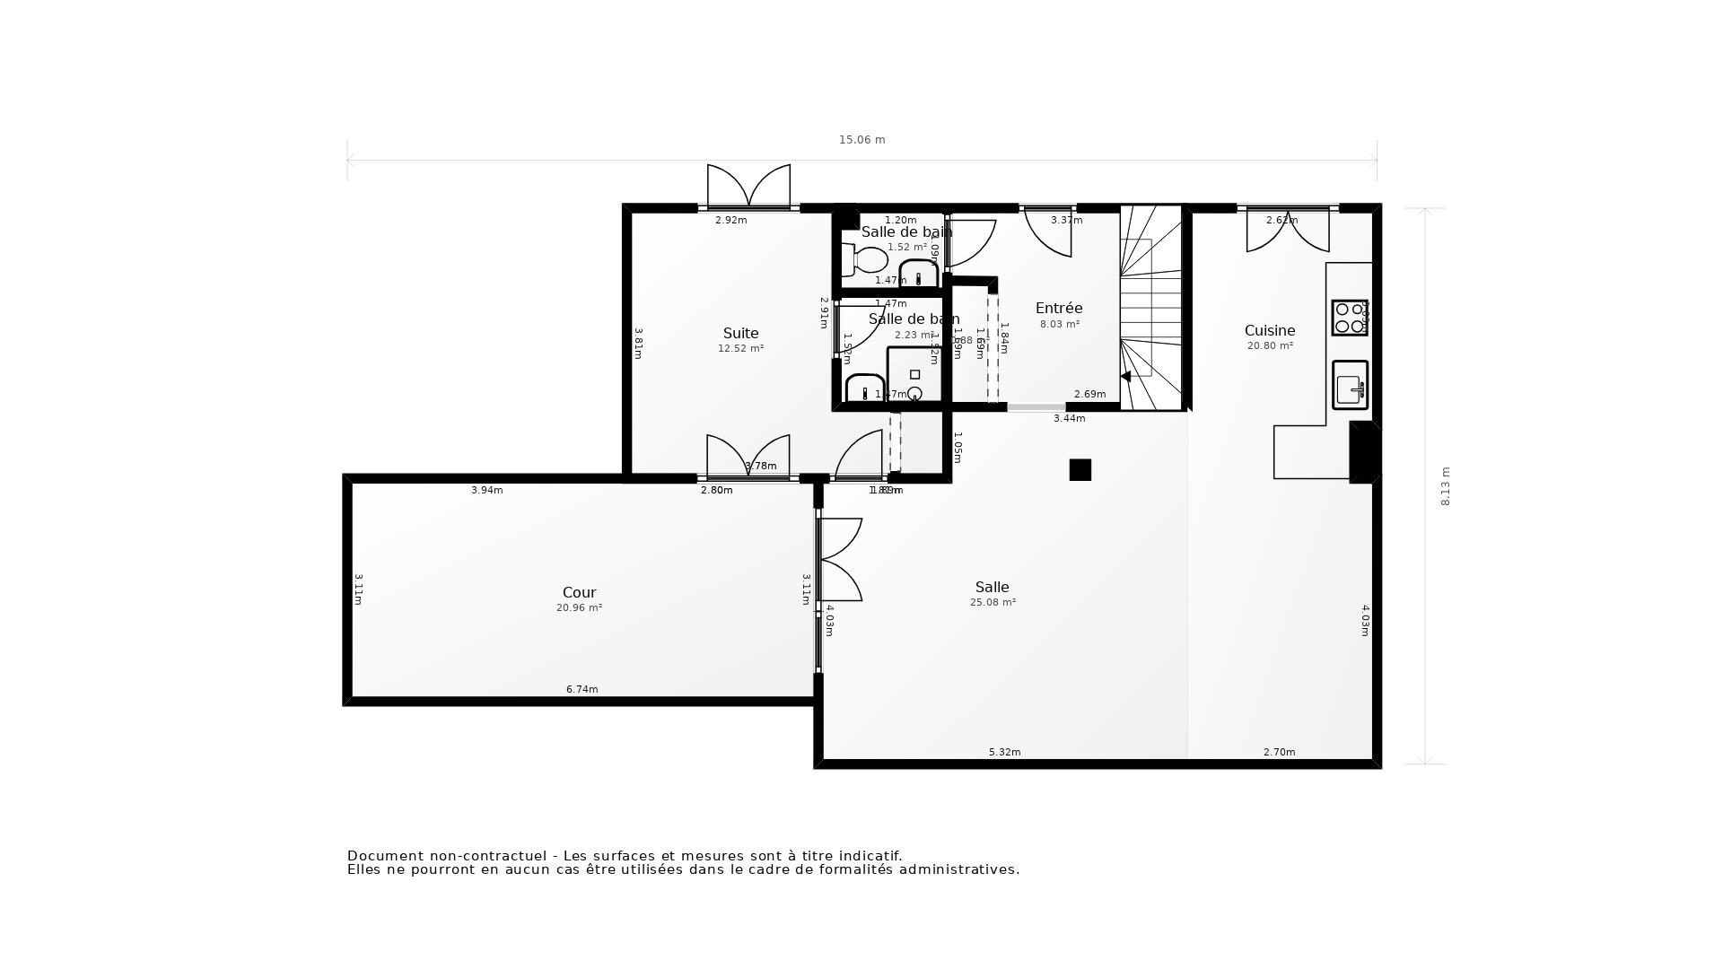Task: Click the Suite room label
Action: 740,334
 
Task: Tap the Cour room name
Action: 579,592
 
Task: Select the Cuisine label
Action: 1269,331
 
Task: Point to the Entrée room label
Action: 1059,309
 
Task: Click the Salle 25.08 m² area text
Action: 993,603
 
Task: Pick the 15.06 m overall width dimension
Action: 861,140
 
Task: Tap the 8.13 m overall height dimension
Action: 1445,486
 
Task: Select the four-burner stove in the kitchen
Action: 1349,318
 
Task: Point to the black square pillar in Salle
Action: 1080,470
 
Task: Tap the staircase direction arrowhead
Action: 1125,377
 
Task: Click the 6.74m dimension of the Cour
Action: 582,689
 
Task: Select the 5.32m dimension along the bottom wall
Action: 1004,752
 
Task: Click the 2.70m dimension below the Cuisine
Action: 1279,752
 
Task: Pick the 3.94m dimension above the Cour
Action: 486,490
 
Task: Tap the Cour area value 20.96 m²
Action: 579,607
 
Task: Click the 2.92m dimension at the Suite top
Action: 730,220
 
